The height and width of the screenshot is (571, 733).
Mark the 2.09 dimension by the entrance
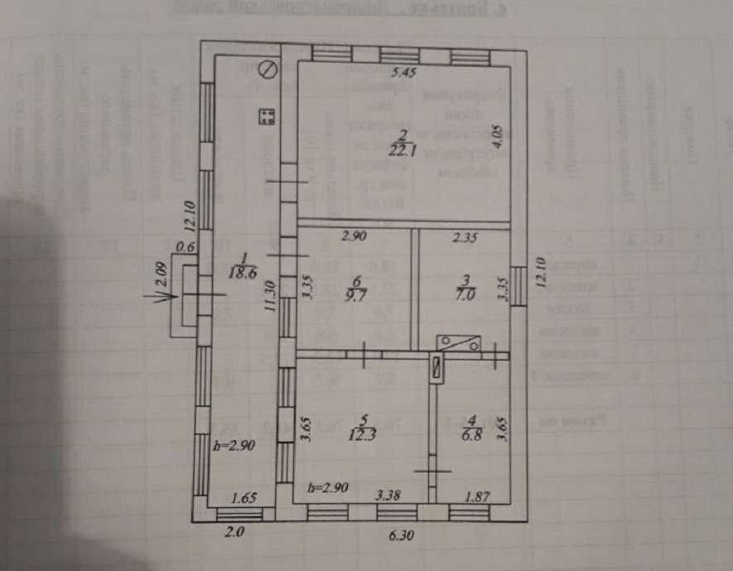(163, 276)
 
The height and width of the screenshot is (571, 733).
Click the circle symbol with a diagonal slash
(267, 70)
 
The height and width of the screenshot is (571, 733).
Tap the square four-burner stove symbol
(267, 117)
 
